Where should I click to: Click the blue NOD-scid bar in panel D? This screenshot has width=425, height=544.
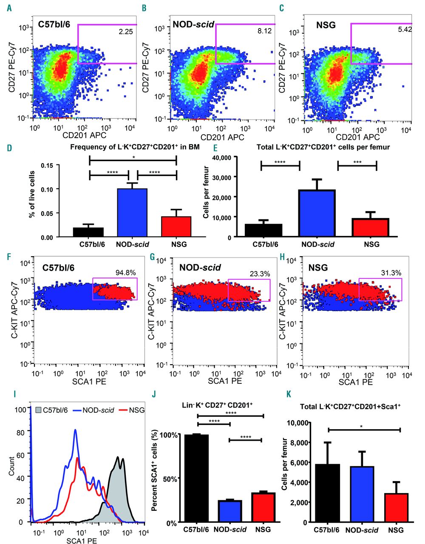pos(132,213)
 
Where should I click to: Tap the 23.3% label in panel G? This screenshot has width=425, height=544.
pos(260,274)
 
